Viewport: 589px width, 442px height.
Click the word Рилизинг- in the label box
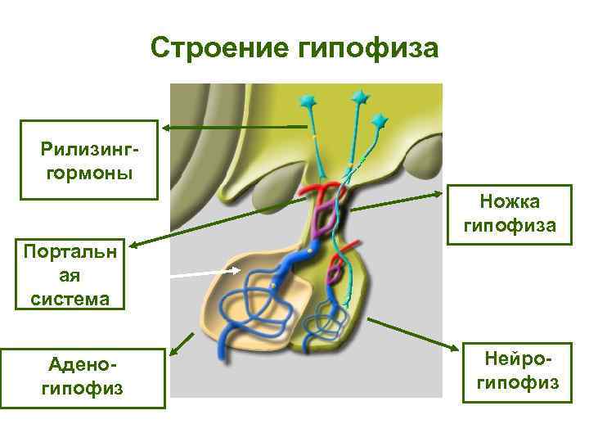coord(89,150)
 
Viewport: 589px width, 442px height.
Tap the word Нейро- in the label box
coord(512,359)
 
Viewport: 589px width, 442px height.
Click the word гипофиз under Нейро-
coord(512,382)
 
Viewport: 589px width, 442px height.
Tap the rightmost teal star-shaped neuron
coord(380,122)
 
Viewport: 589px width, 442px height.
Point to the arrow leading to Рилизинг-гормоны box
coord(233,127)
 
